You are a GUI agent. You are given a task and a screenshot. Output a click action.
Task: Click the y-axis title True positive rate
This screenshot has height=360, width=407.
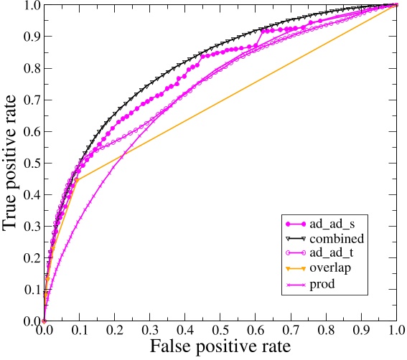click(x=12, y=163)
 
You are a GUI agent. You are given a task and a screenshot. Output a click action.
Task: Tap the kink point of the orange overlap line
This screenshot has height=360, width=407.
click(x=77, y=179)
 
